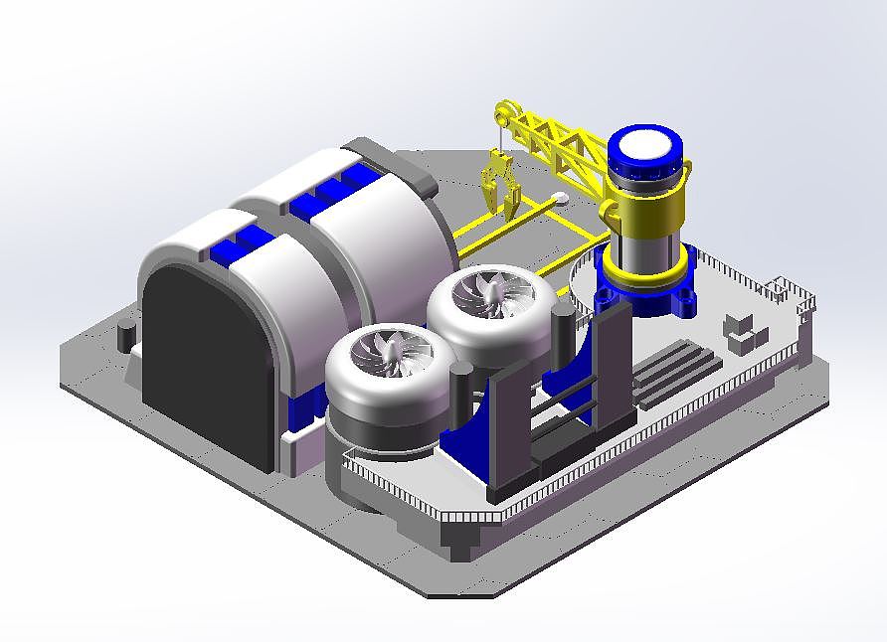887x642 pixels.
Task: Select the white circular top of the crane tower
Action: [643, 148]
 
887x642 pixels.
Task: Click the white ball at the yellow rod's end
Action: [561, 198]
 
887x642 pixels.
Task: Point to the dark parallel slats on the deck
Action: [676, 368]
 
